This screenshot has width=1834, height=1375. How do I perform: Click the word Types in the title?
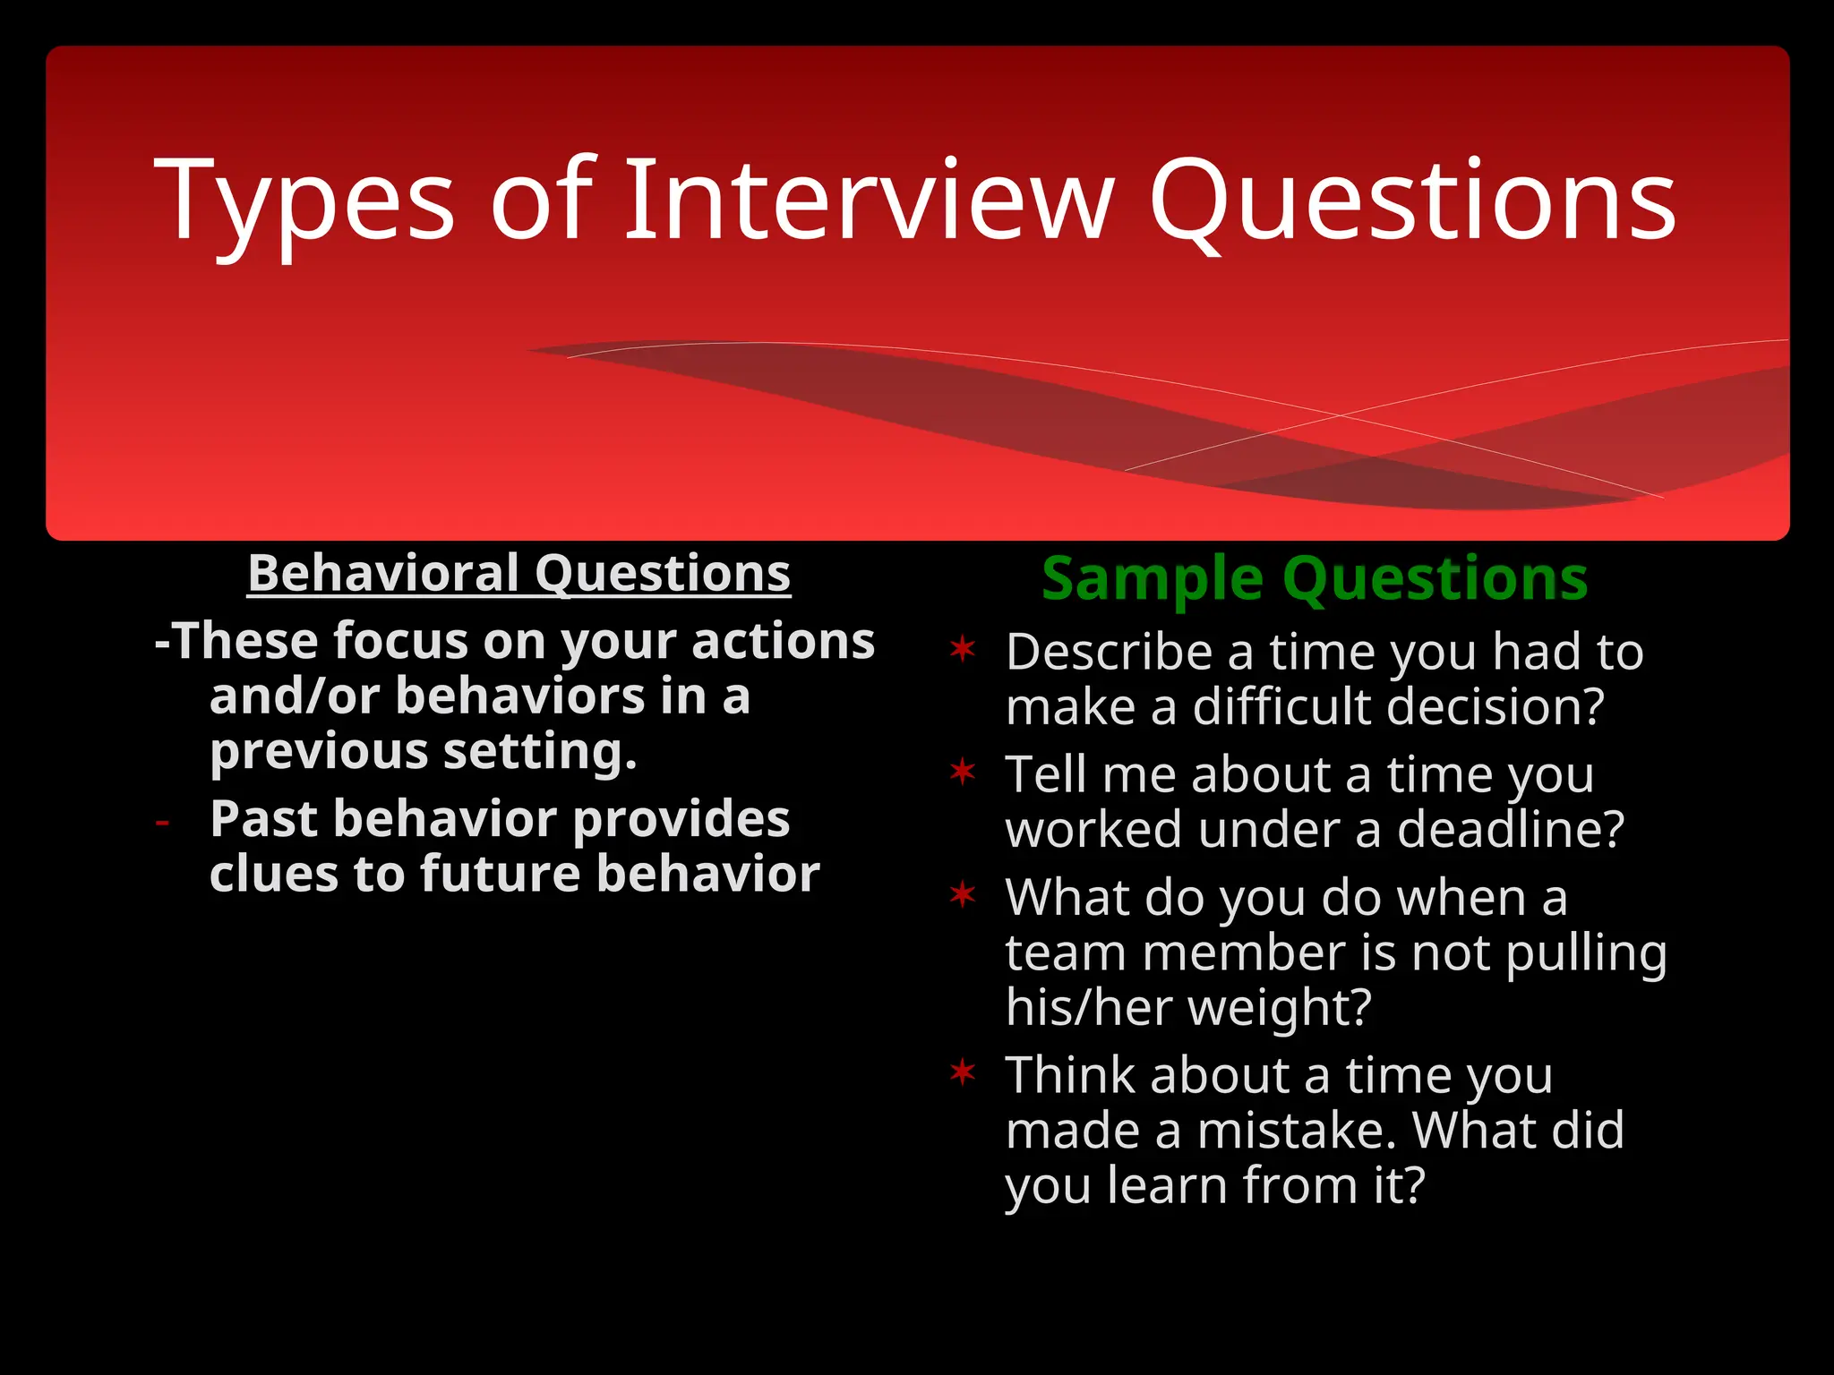pos(304,204)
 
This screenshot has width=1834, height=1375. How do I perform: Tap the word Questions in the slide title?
pos(1411,204)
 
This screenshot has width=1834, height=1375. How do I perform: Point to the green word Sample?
pos(1153,580)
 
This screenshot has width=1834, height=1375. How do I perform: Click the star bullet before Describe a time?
pos(963,649)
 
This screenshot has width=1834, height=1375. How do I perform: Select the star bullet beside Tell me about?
pos(963,772)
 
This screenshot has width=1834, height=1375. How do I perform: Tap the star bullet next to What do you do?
pos(963,893)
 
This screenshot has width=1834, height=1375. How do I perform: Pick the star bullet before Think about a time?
pos(963,1072)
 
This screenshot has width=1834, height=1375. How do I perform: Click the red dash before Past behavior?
pos(162,822)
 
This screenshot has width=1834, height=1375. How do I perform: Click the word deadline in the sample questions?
pos(1510,830)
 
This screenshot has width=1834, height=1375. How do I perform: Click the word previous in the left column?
pos(319,752)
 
